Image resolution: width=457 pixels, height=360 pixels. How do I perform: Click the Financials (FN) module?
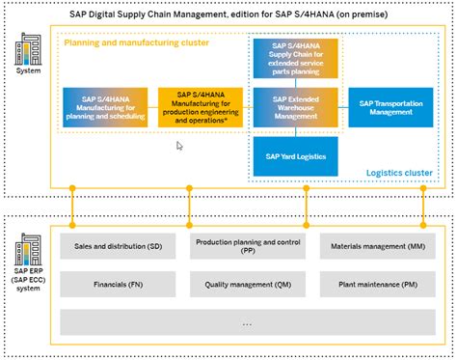point(119,285)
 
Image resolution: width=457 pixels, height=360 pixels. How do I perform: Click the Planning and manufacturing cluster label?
point(124,44)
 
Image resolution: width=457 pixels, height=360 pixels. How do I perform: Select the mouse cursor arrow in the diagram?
point(179,146)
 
